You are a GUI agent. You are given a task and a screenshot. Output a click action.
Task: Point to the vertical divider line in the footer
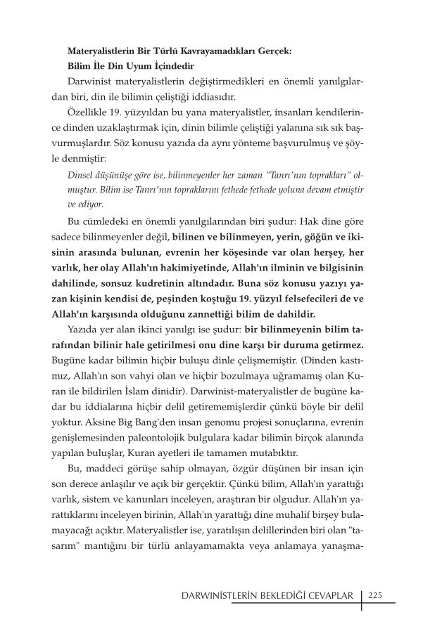362,596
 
